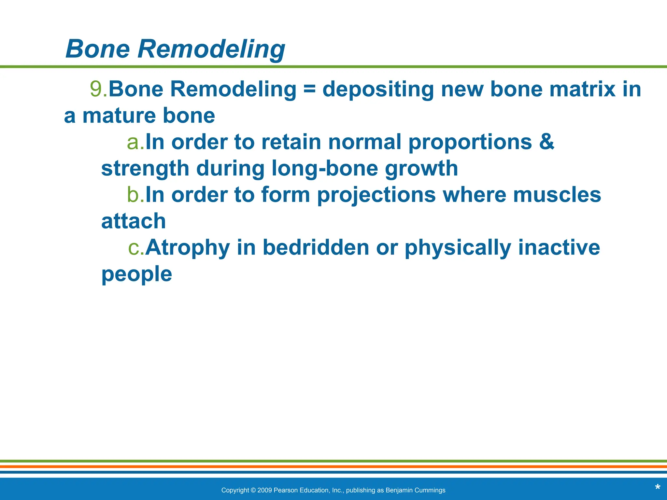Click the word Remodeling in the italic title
tap(211, 49)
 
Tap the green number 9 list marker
tap(96, 89)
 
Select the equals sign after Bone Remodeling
tap(309, 89)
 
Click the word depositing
tap(378, 90)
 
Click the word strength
tap(145, 168)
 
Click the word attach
tap(134, 221)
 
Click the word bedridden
tap(316, 247)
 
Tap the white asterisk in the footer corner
tap(657, 488)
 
